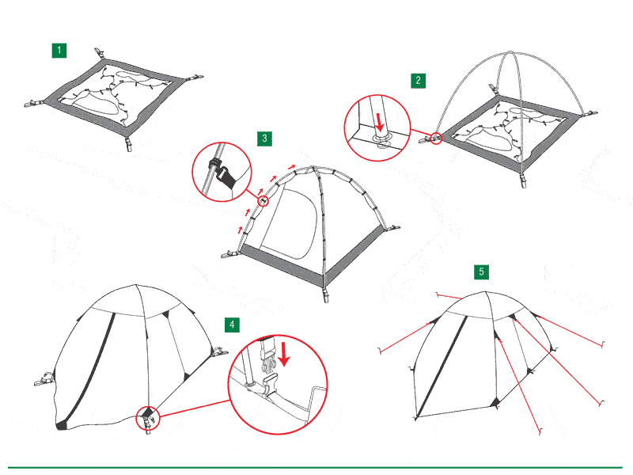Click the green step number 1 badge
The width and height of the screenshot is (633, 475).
click(x=59, y=51)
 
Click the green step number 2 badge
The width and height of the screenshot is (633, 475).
click(x=419, y=81)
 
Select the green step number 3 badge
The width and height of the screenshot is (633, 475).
click(x=264, y=139)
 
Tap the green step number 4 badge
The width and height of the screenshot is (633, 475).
click(x=232, y=325)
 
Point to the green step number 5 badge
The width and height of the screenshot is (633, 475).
click(x=481, y=272)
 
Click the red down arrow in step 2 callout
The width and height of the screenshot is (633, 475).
click(x=379, y=123)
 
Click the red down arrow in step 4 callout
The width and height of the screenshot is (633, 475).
click(x=284, y=354)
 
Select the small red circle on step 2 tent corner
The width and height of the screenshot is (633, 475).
click(x=436, y=138)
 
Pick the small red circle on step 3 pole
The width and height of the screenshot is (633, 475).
click(x=263, y=201)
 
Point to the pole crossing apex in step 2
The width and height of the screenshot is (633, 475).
click(x=510, y=52)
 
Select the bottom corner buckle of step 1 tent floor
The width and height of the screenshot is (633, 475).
click(x=128, y=144)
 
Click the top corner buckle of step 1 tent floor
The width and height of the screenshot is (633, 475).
click(x=99, y=53)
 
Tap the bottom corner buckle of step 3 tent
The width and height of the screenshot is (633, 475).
click(x=325, y=294)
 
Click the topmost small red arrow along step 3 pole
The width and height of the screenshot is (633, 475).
click(x=292, y=166)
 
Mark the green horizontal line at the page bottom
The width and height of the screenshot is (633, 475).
click(x=315, y=468)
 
